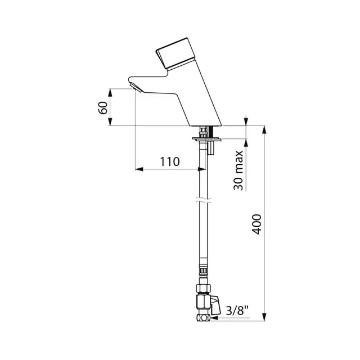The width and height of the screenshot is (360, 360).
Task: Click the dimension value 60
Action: (103, 108)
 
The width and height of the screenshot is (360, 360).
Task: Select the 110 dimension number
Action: (169, 162)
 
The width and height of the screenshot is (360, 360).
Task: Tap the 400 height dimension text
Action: (256, 225)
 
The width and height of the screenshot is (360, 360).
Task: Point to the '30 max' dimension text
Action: (238, 170)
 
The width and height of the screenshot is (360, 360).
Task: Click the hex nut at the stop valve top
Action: (201, 289)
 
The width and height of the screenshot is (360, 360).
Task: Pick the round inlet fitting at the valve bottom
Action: (202, 319)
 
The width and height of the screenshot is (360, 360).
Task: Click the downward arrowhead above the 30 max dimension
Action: (246, 121)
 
